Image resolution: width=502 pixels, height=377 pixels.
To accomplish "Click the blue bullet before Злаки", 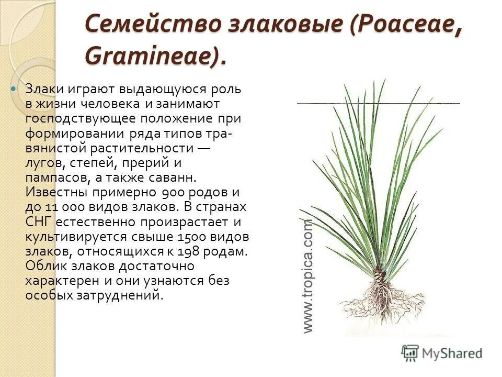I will pos(15,90).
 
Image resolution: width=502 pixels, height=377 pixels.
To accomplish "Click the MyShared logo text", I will pos(451,353).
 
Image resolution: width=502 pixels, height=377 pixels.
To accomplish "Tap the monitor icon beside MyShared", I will pos(410,352).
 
